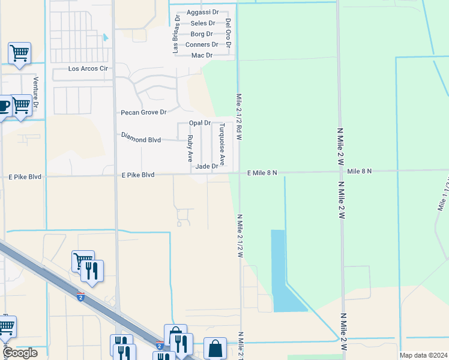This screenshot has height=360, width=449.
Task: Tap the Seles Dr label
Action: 202,23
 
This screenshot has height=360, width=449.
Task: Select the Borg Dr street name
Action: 202,34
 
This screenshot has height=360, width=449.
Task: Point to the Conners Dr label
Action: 202,44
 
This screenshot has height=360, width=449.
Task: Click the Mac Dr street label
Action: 202,55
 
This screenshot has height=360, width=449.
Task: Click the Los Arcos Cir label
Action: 88,69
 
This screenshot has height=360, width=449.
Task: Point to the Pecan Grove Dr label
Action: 143,112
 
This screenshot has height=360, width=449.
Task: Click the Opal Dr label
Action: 200,123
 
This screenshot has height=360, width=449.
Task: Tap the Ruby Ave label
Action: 190,149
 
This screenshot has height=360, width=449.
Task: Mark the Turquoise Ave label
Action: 221,145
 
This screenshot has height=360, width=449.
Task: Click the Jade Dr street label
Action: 206,166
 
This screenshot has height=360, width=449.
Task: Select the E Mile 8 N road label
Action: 262,172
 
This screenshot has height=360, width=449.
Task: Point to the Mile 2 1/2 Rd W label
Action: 239,116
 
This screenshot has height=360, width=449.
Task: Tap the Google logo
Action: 20,353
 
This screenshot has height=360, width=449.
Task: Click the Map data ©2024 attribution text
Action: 423,355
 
